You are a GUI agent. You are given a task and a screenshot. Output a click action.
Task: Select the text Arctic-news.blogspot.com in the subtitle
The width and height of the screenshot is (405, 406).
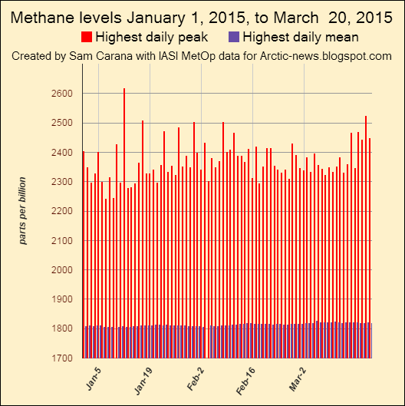pos(328,56)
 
